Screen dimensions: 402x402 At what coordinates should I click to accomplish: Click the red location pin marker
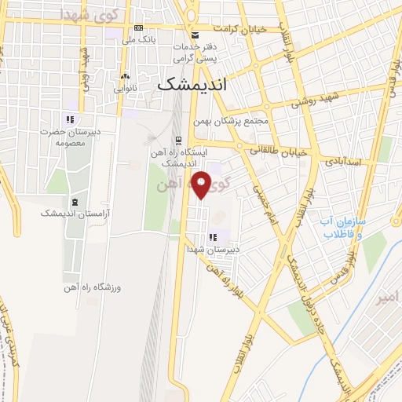(x=203, y=185)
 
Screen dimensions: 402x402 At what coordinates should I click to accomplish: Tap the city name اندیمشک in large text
(x=192, y=84)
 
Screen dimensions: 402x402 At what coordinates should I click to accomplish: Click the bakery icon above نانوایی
(x=125, y=77)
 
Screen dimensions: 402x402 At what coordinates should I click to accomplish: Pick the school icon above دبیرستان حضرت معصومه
(x=69, y=119)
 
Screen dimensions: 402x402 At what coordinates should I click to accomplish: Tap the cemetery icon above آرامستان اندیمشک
(x=75, y=201)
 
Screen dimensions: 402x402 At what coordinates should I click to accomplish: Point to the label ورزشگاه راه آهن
(x=77, y=287)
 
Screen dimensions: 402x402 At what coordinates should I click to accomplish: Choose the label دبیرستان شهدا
(x=211, y=249)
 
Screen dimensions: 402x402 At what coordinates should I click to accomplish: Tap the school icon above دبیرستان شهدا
(x=211, y=237)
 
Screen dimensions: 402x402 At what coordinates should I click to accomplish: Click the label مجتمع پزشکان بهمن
(x=235, y=121)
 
